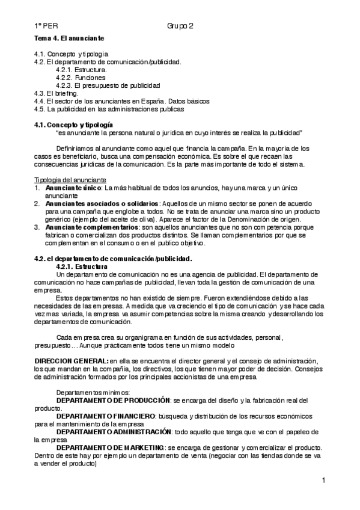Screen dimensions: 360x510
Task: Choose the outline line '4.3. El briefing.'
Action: pyautogui.click(x=56, y=93)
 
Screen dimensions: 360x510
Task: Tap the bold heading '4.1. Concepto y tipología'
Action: pyautogui.click(x=73, y=124)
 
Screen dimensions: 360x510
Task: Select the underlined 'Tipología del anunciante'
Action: pyautogui.click(x=70, y=179)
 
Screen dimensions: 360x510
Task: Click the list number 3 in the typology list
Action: pyautogui.click(x=37, y=227)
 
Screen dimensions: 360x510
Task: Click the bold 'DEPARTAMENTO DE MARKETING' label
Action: pyautogui.click(x=111, y=447)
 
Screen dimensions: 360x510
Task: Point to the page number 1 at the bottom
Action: pyautogui.click(x=323, y=480)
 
